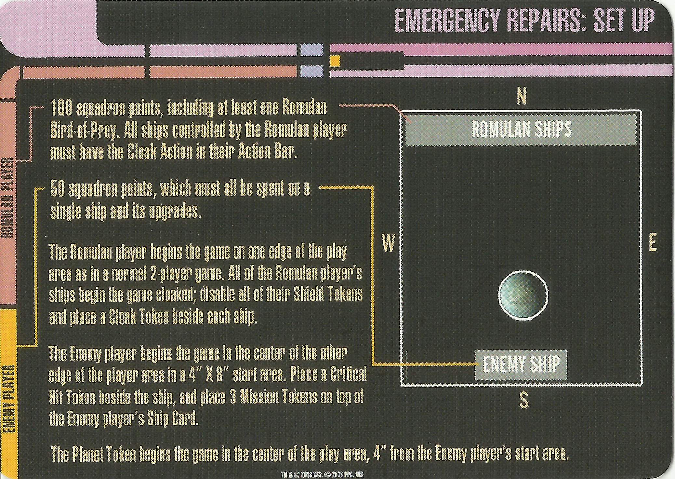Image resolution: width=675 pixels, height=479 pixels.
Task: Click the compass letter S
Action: point(523,401)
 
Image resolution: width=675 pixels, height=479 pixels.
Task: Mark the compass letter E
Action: point(652,243)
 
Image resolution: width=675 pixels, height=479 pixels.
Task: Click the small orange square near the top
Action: point(335,61)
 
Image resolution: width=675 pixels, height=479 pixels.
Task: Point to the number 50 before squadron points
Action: point(57,190)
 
